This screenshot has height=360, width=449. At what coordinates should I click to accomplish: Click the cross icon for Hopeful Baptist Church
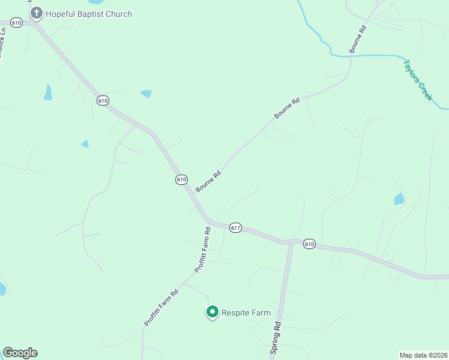click(x=37, y=13)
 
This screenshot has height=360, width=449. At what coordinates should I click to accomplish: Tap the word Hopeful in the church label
click(x=61, y=14)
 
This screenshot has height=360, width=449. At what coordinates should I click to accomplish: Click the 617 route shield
click(x=235, y=228)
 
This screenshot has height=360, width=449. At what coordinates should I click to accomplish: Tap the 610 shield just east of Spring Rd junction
click(x=309, y=244)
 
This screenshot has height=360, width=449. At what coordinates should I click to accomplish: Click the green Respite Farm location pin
click(x=212, y=312)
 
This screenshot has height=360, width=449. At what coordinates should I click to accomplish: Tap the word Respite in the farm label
click(x=237, y=313)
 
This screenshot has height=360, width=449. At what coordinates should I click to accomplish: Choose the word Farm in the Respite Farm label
click(x=261, y=313)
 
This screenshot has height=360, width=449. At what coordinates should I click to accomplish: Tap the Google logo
click(x=20, y=353)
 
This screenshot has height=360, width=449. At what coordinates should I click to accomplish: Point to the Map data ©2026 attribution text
click(x=423, y=355)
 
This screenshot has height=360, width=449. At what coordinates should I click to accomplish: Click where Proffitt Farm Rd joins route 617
click(x=211, y=223)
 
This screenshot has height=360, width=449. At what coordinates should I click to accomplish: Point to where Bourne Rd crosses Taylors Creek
click(x=351, y=56)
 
